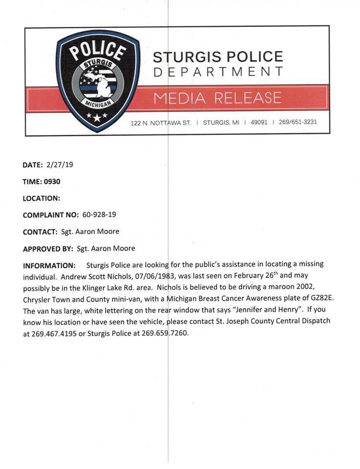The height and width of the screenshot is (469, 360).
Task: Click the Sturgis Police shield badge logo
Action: [x=98, y=81]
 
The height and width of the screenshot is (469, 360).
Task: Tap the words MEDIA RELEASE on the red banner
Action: [x=217, y=98]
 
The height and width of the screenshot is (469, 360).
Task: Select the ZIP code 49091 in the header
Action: [x=259, y=122]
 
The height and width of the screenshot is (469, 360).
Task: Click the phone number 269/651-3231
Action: [x=297, y=122]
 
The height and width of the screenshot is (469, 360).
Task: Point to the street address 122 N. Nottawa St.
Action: [x=161, y=123]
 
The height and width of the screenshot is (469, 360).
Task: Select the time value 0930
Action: [x=52, y=181]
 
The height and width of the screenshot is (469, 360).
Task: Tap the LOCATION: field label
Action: [x=42, y=198]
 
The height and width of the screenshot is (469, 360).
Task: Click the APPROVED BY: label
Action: [x=48, y=249]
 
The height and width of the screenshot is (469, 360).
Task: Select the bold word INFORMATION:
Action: [x=48, y=266]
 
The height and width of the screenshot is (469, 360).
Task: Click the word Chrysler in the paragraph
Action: [x=37, y=298]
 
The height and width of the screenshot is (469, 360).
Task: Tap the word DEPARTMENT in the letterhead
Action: [x=218, y=72]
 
